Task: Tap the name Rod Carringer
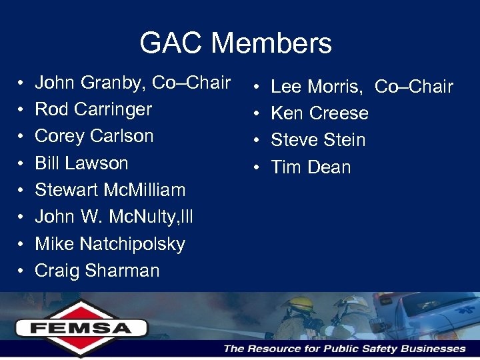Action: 93,109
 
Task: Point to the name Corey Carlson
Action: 94,136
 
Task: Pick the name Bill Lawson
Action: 81,163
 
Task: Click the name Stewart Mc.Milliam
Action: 110,190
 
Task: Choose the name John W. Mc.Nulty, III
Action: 114,217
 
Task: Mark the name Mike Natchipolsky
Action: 110,244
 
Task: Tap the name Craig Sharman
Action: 97,271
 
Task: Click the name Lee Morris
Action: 317,87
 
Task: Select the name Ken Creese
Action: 320,113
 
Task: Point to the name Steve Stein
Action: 319,140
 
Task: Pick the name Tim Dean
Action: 311,167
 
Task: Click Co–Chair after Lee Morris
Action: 414,87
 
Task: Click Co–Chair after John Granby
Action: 191,83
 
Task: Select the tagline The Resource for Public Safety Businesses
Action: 345,349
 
